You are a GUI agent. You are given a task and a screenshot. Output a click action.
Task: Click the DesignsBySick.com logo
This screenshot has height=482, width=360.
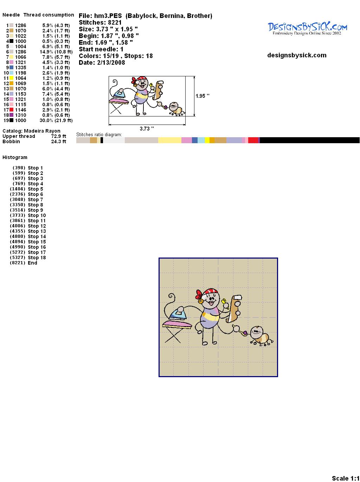coord(307,28)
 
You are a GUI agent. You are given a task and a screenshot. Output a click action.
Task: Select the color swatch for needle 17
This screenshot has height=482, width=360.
coord(11,109)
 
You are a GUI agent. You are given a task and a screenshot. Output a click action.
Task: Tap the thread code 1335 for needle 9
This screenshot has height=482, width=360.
coord(20,68)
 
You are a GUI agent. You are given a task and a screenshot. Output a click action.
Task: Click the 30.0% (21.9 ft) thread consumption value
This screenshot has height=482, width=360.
coord(56,120)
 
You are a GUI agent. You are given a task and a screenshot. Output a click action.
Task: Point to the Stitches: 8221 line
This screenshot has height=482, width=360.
coord(100,23)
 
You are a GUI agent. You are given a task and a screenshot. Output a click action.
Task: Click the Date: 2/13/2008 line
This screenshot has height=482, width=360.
coord(102,62)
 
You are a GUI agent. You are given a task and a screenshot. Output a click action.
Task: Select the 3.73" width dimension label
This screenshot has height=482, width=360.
coord(147,128)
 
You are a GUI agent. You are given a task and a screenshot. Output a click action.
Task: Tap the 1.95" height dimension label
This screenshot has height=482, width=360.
coord(202,96)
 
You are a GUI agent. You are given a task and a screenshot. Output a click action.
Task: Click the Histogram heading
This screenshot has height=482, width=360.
coord(15,157)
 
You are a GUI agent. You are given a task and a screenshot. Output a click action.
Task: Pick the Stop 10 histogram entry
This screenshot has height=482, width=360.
coord(28,215)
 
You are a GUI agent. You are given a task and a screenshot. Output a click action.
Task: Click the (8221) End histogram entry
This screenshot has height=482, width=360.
coord(24,262)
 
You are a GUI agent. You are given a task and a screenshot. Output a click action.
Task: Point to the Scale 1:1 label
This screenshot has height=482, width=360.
coord(346,478)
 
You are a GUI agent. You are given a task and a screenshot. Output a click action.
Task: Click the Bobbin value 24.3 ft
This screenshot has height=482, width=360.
coord(59,141)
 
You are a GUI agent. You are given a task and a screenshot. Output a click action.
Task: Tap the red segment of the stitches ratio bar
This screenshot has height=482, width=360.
coord(253,140)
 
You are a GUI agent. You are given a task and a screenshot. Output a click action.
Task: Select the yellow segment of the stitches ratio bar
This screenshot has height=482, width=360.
coord(207,140)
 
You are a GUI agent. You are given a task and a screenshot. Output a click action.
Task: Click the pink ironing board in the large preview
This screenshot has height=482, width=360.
coord(177,324)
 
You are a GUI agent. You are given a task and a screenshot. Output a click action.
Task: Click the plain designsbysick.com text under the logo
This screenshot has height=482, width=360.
coord(297,55)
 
